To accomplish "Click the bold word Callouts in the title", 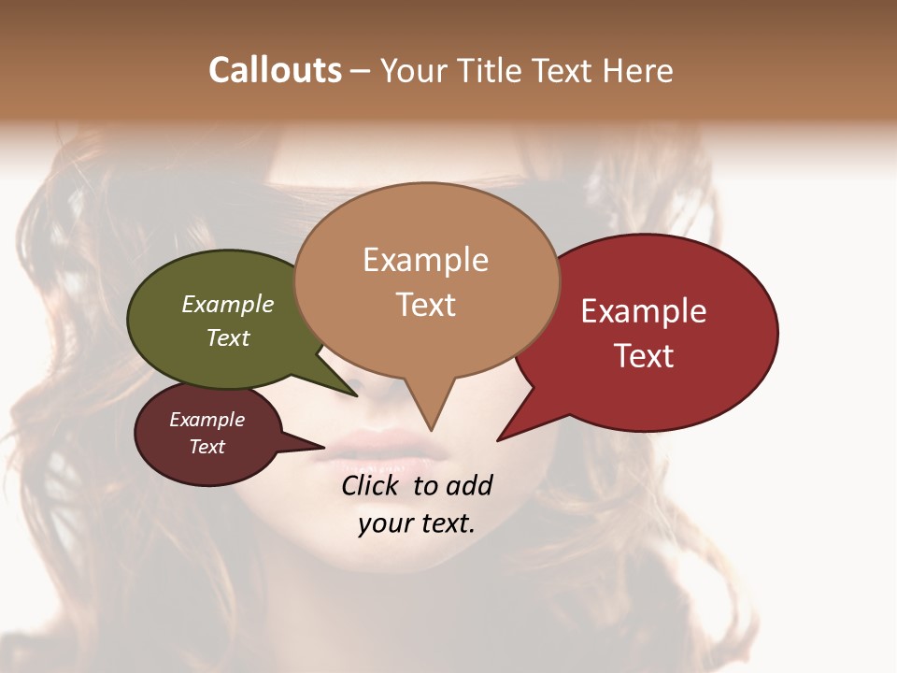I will [x=275, y=70].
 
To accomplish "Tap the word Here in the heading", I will [x=638, y=70].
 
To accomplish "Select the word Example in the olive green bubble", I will [x=227, y=304].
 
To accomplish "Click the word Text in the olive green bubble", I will [x=227, y=337].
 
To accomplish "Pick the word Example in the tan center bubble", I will [x=425, y=260].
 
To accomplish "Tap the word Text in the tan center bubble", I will [x=425, y=305].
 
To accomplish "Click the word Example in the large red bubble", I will [x=644, y=311].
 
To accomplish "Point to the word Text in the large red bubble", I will [x=644, y=356].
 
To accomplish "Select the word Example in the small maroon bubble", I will [x=206, y=420].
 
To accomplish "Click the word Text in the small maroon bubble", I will [x=206, y=447].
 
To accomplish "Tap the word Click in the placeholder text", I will [x=370, y=485].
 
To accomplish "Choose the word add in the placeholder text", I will [x=468, y=485].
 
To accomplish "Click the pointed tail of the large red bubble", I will [x=501, y=438].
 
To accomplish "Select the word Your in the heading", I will [x=410, y=70].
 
